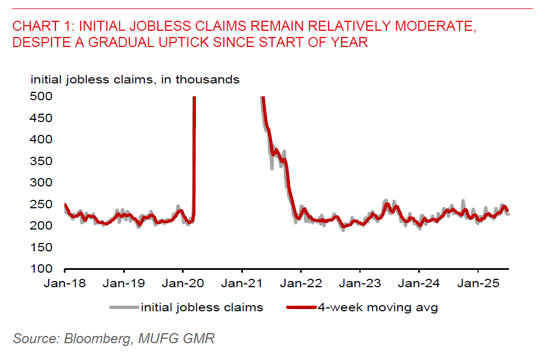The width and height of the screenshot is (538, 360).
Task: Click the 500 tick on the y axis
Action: click(x=41, y=96)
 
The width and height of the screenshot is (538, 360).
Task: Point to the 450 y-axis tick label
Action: click(x=41, y=118)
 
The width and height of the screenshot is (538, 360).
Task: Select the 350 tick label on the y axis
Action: click(x=41, y=161)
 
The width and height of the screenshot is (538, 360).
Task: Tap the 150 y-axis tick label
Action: click(x=41, y=247)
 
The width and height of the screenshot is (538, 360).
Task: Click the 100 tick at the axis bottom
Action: click(x=41, y=269)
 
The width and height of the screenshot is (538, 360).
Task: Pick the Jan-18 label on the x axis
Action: click(x=66, y=283)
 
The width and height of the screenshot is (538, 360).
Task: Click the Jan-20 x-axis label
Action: click(x=183, y=283)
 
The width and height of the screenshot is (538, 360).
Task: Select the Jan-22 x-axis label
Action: click(x=301, y=283)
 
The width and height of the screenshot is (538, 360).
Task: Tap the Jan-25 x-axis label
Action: click(x=477, y=283)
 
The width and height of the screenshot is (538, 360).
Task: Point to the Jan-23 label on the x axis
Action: click(x=359, y=283)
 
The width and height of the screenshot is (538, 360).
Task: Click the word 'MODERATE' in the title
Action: click(x=431, y=26)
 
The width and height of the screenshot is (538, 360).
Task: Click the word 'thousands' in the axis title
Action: click(x=208, y=80)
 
